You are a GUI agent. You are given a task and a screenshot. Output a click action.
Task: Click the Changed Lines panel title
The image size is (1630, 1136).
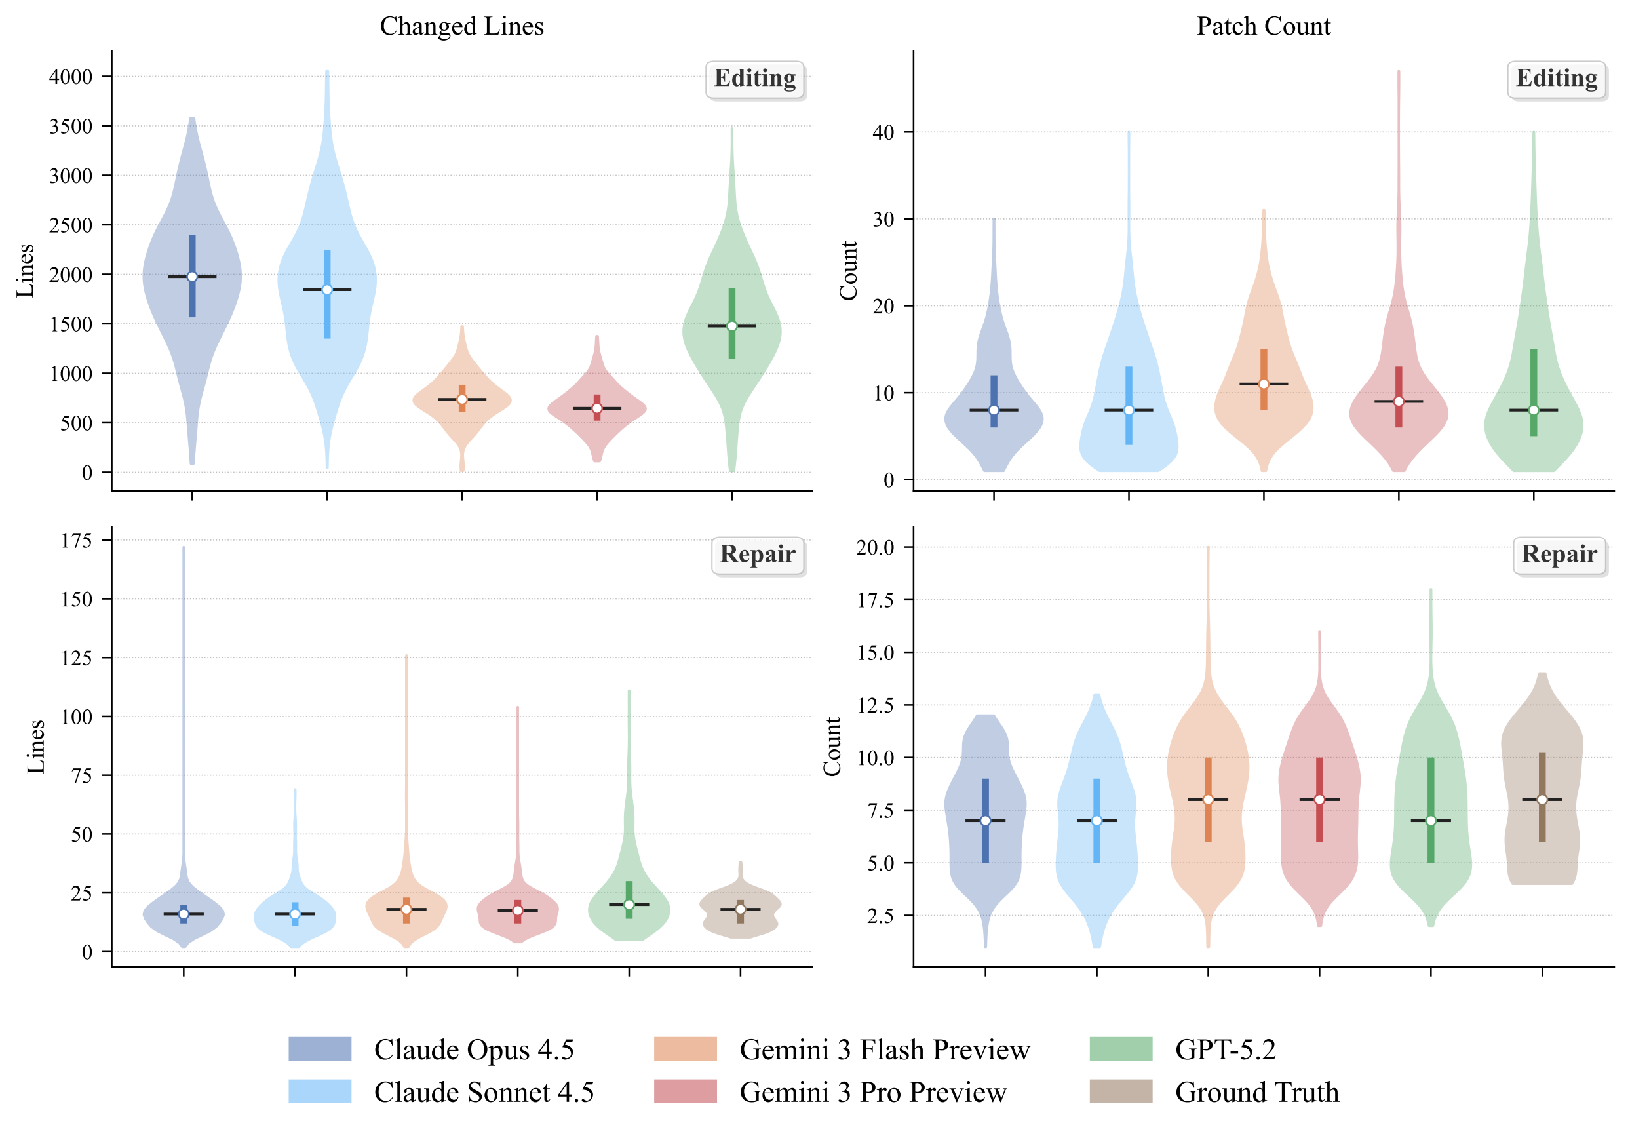coord(461,26)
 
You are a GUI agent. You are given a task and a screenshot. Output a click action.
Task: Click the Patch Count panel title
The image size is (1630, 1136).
coord(1263,26)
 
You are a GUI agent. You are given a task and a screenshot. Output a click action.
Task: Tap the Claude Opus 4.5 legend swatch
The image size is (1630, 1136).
coord(319,1049)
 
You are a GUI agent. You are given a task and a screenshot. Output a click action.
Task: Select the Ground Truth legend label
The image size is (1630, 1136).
coord(1256,1092)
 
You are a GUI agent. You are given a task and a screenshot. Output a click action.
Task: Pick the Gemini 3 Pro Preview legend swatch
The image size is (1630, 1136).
coord(685,1091)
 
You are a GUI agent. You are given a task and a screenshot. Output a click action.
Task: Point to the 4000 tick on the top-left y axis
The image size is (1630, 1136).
coord(70,77)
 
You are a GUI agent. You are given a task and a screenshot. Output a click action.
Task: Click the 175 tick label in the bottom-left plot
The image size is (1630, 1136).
coord(77,540)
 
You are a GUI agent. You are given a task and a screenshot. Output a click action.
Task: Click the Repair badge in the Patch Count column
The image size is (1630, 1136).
coord(1559,554)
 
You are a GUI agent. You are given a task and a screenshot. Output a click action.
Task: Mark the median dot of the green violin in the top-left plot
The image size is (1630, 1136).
coord(732,326)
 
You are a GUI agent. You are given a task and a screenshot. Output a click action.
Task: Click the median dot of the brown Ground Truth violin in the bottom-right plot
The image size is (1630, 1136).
coord(1542,800)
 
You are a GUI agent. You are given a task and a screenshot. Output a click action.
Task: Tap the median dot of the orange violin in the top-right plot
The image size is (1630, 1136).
coord(1264,384)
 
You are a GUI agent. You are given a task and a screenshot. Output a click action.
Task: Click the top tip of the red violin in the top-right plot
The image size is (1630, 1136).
coord(1399,71)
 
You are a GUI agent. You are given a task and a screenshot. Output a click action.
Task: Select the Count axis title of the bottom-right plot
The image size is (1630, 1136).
coord(832,746)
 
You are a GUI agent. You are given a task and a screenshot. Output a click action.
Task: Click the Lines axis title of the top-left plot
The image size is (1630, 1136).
coord(26,271)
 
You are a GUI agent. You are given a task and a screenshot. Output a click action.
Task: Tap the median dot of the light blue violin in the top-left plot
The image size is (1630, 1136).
coord(327,290)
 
